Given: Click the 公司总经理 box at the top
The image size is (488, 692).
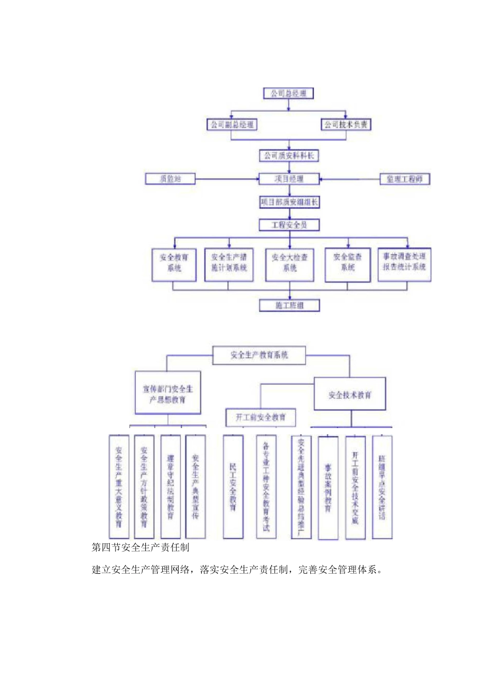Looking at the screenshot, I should pyautogui.click(x=288, y=94).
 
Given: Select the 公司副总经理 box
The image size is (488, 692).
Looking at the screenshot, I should pyautogui.click(x=231, y=125).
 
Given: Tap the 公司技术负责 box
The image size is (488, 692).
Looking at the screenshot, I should pyautogui.click(x=346, y=125).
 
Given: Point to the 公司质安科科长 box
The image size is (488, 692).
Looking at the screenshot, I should pyautogui.click(x=289, y=155).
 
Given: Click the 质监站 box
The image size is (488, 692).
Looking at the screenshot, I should pyautogui.click(x=170, y=179).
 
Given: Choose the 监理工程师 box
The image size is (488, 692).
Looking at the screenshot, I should pyautogui.click(x=404, y=179).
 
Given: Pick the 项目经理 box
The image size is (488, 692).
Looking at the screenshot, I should pyautogui.click(x=289, y=179).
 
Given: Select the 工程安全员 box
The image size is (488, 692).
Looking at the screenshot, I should pyautogui.click(x=289, y=225).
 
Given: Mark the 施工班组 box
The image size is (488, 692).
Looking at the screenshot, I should pyautogui.click(x=289, y=306).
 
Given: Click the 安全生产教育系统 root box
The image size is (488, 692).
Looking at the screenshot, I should pyautogui.click(x=259, y=355).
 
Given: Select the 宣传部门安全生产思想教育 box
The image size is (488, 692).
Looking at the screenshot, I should pyautogui.click(x=167, y=393).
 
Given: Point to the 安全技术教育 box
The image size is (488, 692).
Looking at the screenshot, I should pyautogui.click(x=349, y=395).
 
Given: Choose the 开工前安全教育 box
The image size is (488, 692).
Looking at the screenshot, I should pyautogui.click(x=261, y=417).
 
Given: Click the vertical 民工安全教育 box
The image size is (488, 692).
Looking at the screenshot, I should pyautogui.click(x=233, y=487).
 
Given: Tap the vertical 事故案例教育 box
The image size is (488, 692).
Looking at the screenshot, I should pyautogui.click(x=328, y=488).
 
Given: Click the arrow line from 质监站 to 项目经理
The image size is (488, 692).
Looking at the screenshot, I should pyautogui.click(x=226, y=179).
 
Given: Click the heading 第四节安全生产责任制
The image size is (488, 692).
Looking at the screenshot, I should pyautogui.click(x=140, y=547).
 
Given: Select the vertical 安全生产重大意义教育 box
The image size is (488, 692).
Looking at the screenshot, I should pyautogui.click(x=119, y=487).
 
